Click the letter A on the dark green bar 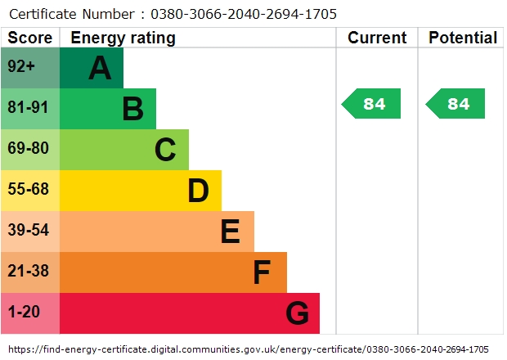100,68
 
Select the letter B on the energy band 132,109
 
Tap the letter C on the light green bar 165,150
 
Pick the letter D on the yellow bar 198,191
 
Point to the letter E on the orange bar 230,232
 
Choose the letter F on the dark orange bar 262,272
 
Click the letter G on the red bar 297,313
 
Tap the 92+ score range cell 29,68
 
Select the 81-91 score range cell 29,109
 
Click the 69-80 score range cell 29,150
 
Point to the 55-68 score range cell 29,191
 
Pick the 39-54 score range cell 29,232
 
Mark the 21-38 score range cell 29,272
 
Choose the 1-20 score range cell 29,313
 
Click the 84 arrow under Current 372,104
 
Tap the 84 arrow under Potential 456,104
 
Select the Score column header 30,38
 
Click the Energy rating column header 123,38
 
